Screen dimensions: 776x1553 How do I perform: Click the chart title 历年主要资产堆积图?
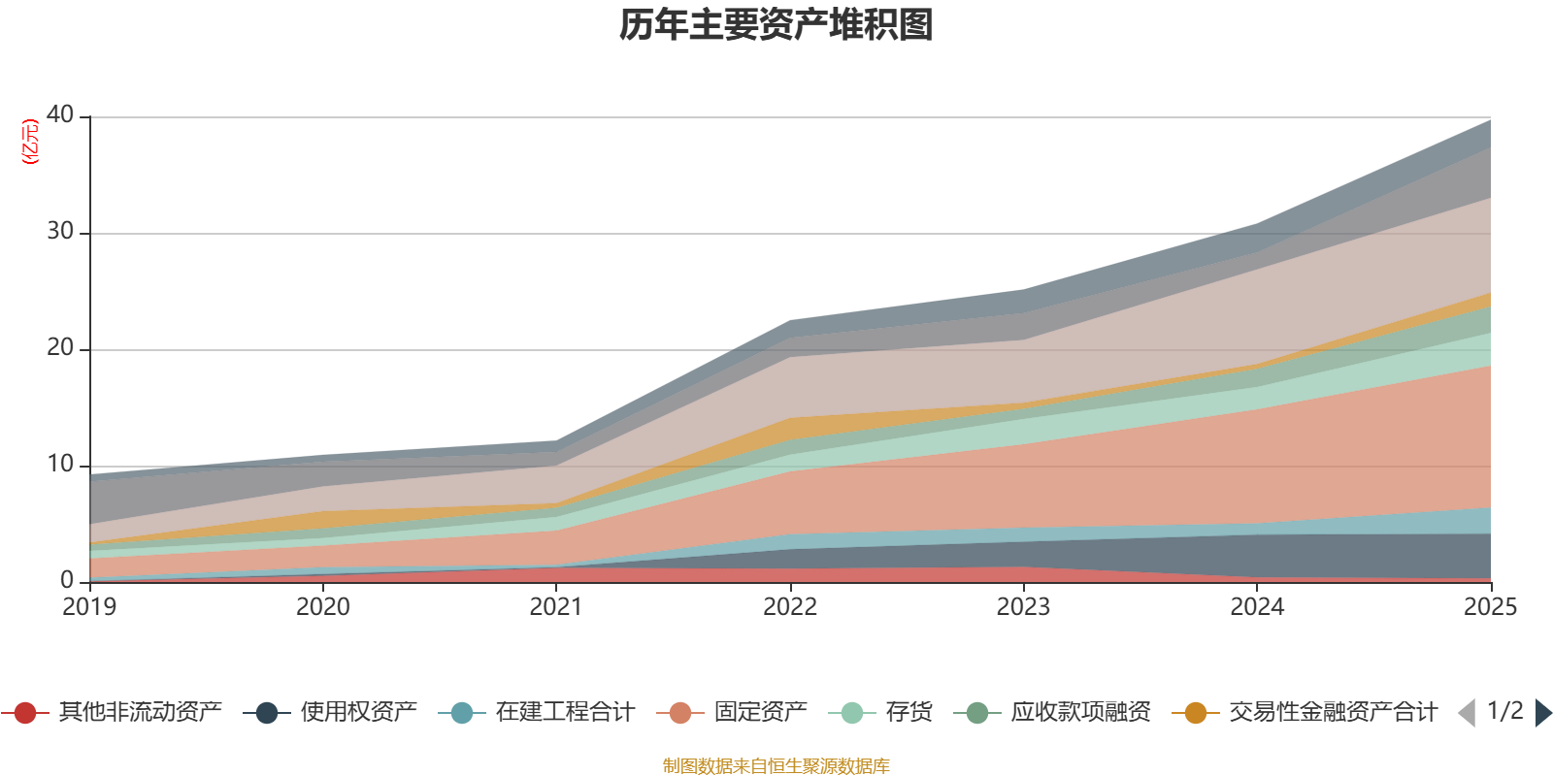[776, 25]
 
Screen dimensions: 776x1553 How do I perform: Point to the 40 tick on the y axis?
[60, 114]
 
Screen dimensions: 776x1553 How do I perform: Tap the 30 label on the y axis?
[60, 231]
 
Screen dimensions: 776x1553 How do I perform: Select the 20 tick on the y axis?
[60, 347]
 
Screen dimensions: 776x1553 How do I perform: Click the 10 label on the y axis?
[60, 464]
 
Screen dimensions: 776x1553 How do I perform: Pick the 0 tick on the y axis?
[67, 580]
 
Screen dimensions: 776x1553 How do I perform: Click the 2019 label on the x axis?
[89, 607]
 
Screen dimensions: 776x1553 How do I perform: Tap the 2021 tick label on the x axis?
[556, 607]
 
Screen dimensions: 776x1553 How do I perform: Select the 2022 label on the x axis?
[790, 607]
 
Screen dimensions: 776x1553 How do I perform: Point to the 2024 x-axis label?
[1257, 607]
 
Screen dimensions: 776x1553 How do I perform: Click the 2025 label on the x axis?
[1490, 607]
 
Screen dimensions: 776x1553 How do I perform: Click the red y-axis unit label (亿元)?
[31, 142]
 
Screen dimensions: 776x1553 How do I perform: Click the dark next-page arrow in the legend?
[1542, 713]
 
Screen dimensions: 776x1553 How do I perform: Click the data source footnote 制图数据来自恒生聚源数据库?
[776, 766]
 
